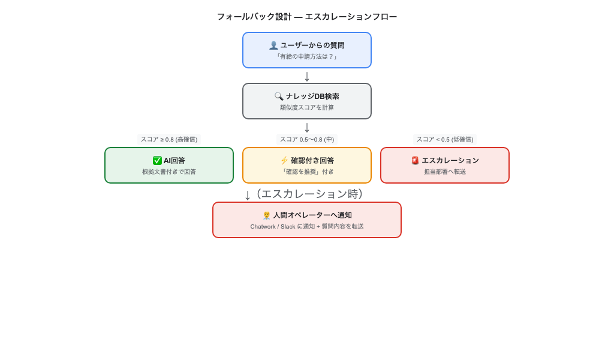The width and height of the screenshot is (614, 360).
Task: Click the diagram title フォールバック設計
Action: click(x=306, y=17)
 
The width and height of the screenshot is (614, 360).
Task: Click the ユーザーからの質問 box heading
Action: click(x=312, y=45)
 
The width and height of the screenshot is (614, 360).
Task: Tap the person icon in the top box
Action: click(x=273, y=45)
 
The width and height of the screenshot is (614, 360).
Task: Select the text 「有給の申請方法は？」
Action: click(x=306, y=56)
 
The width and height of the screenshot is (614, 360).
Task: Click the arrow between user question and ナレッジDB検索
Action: click(x=307, y=76)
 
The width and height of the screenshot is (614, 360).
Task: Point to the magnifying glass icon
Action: click(x=279, y=96)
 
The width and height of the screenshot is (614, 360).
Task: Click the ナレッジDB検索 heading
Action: click(x=312, y=96)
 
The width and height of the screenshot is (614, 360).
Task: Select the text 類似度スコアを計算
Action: click(x=306, y=107)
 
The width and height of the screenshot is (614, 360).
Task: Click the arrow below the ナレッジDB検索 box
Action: click(x=307, y=127)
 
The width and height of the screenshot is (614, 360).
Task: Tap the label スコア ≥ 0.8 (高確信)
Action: click(x=169, y=139)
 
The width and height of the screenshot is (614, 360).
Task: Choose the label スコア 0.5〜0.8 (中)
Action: click(x=306, y=139)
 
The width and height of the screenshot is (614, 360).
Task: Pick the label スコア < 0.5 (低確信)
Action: click(x=444, y=139)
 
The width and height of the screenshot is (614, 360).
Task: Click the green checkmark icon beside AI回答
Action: click(x=157, y=160)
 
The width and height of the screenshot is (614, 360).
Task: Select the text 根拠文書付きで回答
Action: click(x=169, y=172)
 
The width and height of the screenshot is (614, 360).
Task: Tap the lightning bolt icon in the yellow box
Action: click(x=284, y=160)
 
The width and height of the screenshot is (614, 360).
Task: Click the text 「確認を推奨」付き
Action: click(x=306, y=172)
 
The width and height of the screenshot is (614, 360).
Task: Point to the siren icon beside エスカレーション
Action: click(x=415, y=160)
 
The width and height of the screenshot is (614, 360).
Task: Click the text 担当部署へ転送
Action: click(x=444, y=172)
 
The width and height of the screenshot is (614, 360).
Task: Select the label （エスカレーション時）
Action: click(x=309, y=194)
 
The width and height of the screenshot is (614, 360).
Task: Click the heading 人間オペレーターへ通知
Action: click(x=312, y=215)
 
